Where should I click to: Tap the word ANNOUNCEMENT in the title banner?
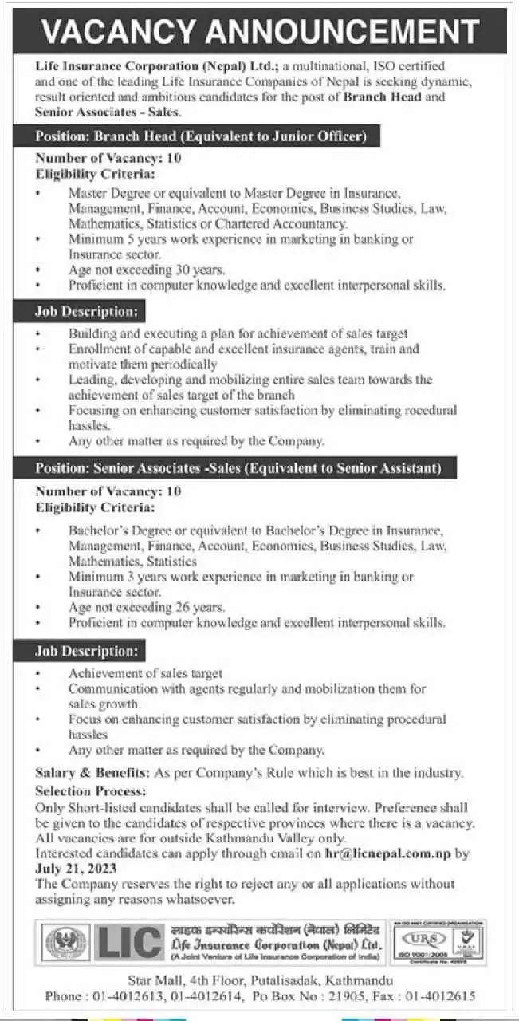(341, 32)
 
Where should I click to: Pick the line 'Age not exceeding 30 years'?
(147, 270)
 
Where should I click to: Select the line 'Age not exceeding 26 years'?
(147, 607)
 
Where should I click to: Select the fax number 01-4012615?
(440, 996)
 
